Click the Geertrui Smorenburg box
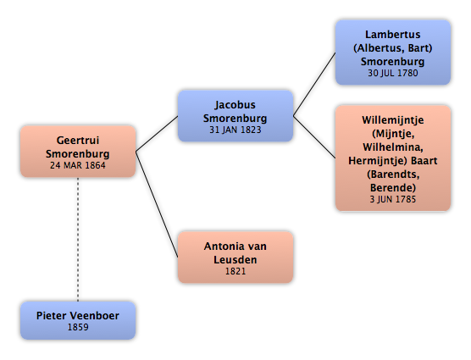click(78, 152)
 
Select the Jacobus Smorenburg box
click(235, 116)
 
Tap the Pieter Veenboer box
click(78, 320)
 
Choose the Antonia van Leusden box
click(235, 257)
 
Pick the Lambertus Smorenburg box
click(393, 53)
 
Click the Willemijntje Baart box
click(393, 158)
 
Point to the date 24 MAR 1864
click(78, 165)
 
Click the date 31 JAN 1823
click(235, 130)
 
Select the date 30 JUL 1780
click(393, 73)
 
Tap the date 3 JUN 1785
click(393, 199)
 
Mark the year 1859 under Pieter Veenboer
click(78, 327)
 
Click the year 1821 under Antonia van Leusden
click(235, 271)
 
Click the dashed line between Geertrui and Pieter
click(78, 240)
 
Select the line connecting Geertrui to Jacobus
click(157, 134)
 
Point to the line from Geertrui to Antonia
click(157, 204)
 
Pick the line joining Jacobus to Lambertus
click(314, 85)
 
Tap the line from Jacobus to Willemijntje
click(314, 137)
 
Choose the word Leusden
click(235, 260)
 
